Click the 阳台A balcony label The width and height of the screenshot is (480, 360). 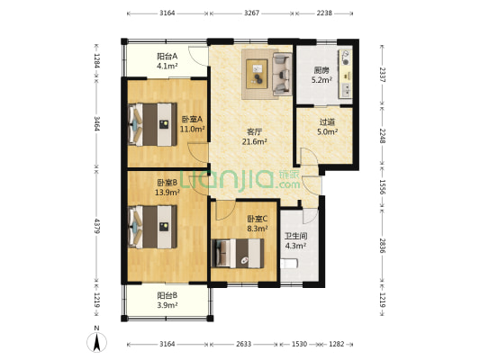167,59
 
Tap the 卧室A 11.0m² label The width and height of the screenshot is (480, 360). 191,124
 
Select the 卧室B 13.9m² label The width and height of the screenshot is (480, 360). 167,186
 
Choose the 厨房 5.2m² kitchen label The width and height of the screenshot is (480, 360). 322,75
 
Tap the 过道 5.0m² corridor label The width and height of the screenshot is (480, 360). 328,128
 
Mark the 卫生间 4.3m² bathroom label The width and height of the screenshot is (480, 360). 298,240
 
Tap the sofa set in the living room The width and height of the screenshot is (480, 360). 267,72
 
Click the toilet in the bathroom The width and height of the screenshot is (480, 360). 289,264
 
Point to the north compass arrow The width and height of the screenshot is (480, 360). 95,341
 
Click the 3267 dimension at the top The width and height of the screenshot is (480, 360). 252,13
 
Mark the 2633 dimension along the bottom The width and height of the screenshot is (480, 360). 245,344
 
